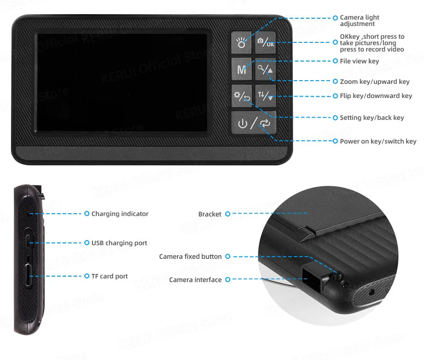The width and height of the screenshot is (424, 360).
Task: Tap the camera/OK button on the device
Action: click(x=265, y=43)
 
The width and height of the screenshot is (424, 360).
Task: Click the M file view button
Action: click(x=242, y=69)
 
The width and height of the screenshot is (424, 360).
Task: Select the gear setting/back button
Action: click(x=242, y=96)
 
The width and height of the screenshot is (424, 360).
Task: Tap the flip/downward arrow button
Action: click(x=265, y=96)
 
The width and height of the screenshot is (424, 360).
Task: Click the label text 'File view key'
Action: click(x=359, y=61)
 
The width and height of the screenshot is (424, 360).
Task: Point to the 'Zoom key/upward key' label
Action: click(x=374, y=82)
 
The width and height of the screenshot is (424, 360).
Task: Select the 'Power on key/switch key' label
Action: click(x=378, y=141)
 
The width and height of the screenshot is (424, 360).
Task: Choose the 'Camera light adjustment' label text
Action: click(x=359, y=21)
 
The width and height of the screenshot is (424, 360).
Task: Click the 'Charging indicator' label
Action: click(x=120, y=214)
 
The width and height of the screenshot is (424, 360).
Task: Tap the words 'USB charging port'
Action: click(x=119, y=243)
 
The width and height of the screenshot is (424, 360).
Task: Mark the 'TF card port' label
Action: click(x=109, y=276)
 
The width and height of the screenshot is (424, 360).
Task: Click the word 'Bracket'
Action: click(x=210, y=214)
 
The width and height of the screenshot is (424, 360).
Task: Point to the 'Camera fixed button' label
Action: click(x=190, y=257)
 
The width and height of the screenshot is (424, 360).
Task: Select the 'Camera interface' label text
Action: click(x=195, y=280)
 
